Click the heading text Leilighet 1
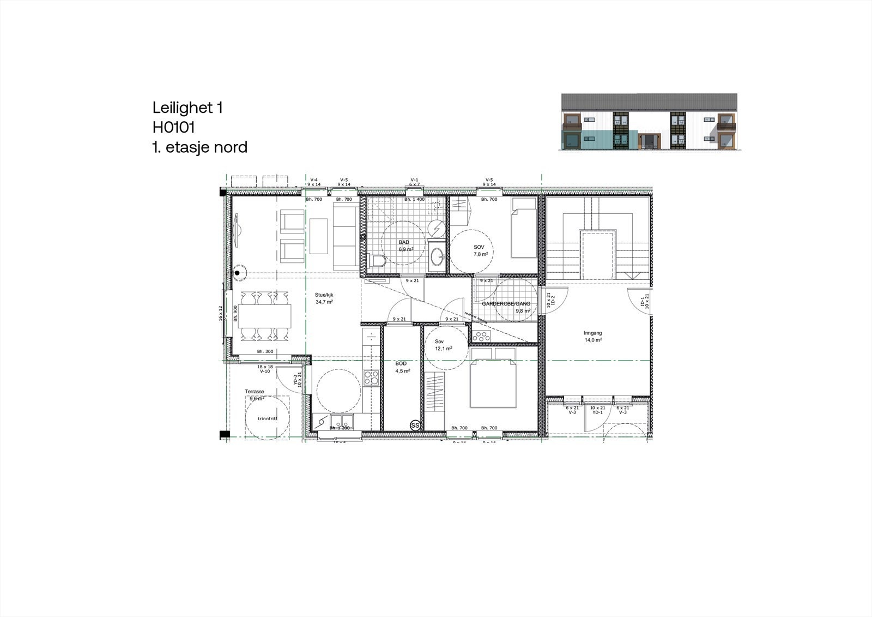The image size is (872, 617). (x=187, y=107)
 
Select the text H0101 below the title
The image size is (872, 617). (x=174, y=127)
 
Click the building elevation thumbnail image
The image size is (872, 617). (x=649, y=122)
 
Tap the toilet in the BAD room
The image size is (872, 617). (x=377, y=261)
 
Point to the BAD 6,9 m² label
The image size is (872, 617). (x=404, y=245)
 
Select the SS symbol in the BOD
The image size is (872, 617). (x=415, y=424)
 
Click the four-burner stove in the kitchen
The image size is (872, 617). (x=371, y=378)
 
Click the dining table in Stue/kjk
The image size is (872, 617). (x=264, y=315)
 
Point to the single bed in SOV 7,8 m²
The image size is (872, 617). (x=524, y=228)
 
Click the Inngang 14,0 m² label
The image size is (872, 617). (x=592, y=336)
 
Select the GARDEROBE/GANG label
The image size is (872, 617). (x=506, y=304)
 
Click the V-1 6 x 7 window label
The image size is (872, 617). (x=414, y=182)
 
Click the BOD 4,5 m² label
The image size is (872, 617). (x=402, y=367)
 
